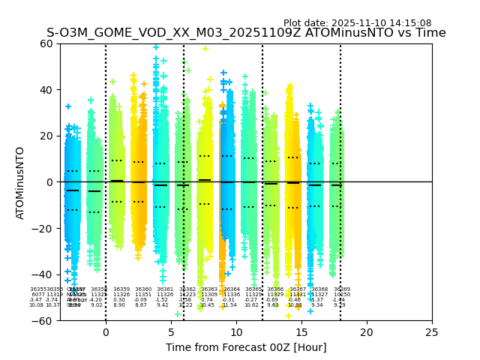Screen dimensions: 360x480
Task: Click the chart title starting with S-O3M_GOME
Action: coord(246,33)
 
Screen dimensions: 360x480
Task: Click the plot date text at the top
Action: coord(357,23)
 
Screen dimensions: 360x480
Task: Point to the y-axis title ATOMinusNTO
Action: coord(20,182)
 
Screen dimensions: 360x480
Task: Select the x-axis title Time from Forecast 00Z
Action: coord(245,347)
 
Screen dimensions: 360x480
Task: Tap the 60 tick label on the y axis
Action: coord(46,43)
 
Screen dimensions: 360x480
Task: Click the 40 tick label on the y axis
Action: coord(46,90)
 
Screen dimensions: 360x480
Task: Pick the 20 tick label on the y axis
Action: coord(46,136)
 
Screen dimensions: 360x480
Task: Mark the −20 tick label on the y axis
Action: coord(43,228)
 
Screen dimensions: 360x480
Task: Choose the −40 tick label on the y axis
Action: coord(43,274)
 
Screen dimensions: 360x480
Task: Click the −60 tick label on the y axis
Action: coord(43,320)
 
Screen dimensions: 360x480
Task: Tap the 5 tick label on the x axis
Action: coord(171,331)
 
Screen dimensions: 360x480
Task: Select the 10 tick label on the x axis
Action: coord(236,331)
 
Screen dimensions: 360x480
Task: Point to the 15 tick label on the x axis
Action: coord(301,331)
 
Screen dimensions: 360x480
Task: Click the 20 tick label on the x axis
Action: coord(367,331)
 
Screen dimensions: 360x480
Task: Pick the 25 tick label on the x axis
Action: coord(432,331)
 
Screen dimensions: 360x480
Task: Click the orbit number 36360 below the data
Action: coord(143,289)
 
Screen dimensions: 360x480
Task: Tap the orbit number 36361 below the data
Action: coord(165,289)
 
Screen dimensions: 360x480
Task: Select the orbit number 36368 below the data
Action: coord(320,289)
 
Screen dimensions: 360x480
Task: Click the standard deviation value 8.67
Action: coord(141,305)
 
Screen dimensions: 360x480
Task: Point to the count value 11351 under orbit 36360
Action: coord(143,295)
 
